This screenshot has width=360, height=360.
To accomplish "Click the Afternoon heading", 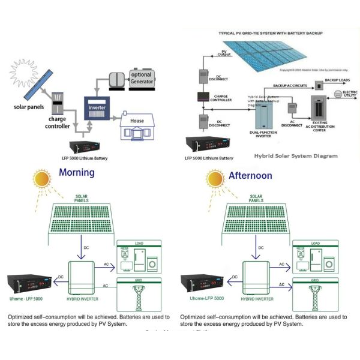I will (x=250, y=176).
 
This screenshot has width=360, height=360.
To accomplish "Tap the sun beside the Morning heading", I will (x=42, y=180).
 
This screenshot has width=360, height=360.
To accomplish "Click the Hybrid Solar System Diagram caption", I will (x=296, y=155).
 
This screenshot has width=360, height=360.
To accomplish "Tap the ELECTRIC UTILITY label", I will (x=350, y=94).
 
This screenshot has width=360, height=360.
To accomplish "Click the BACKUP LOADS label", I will (x=338, y=80).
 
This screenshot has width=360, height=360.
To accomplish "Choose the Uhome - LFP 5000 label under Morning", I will (x=26, y=298).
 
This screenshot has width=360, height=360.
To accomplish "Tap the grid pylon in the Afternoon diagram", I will (x=314, y=295).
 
